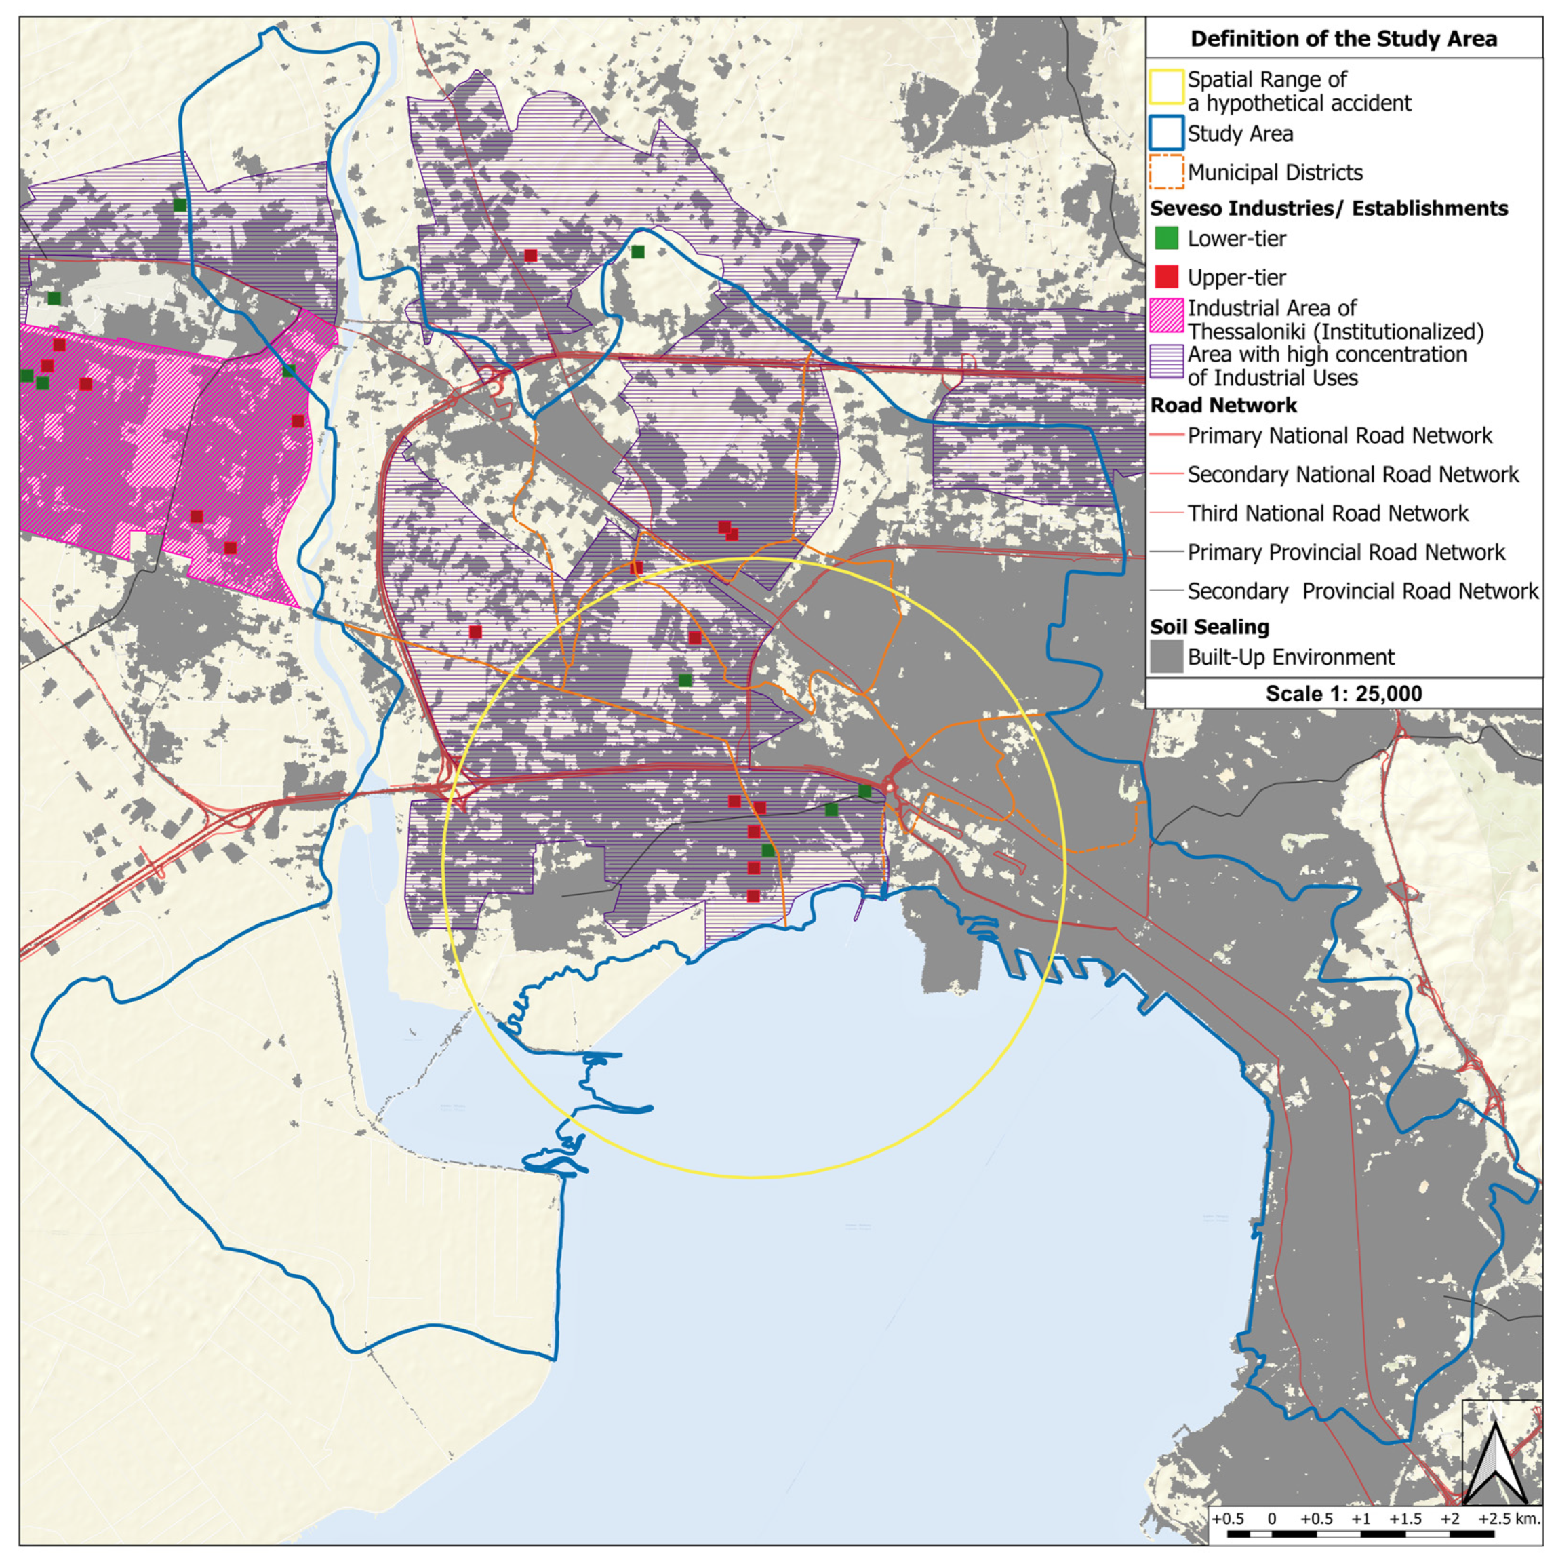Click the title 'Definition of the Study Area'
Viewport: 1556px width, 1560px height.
pyautogui.click(x=1343, y=39)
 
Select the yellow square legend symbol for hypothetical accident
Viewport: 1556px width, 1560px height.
pyautogui.click(x=1165, y=90)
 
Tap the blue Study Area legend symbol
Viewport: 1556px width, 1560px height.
pyautogui.click(x=1165, y=133)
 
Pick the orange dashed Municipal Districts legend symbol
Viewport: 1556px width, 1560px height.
pyautogui.click(x=1165, y=172)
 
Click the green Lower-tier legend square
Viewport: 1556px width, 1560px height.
pyautogui.click(x=1166, y=238)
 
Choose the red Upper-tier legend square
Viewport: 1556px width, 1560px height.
pyautogui.click(x=1166, y=277)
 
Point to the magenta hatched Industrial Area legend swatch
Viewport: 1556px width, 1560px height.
pyautogui.click(x=1166, y=319)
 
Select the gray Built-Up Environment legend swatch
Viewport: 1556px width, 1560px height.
pyautogui.click(x=1166, y=657)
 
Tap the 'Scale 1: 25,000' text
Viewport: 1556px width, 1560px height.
pyautogui.click(x=1343, y=694)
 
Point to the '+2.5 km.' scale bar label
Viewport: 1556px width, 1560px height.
pyautogui.click(x=1509, y=1518)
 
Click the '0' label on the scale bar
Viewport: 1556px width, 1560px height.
pyautogui.click(x=1272, y=1518)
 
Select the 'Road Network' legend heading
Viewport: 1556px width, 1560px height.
pyautogui.click(x=1224, y=406)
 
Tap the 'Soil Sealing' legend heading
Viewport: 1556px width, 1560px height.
pyautogui.click(x=1209, y=627)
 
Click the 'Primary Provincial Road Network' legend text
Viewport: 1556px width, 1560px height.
pyautogui.click(x=1345, y=552)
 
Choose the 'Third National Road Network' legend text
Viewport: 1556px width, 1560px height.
pyautogui.click(x=1328, y=513)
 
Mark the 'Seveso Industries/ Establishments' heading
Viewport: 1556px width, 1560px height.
pyautogui.click(x=1328, y=208)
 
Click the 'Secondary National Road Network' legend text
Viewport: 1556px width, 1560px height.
pyautogui.click(x=1353, y=475)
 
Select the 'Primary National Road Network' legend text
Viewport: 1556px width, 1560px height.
pyautogui.click(x=1339, y=436)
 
